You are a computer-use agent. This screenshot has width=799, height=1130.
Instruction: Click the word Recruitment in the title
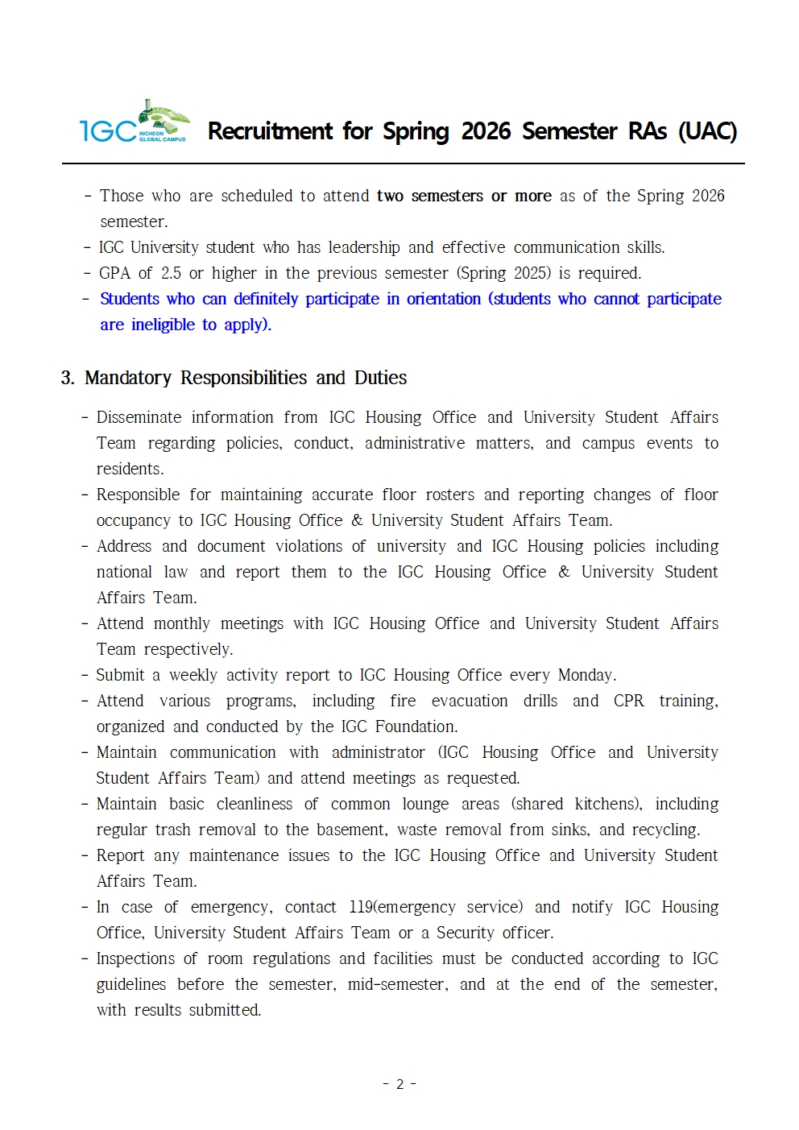point(270,131)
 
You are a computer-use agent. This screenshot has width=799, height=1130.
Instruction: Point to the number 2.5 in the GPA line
point(171,273)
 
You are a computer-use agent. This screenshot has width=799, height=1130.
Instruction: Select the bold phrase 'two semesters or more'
point(464,196)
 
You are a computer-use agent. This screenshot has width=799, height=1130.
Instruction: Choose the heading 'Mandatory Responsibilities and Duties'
point(246,378)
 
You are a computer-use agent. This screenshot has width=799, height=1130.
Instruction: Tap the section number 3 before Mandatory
point(67,378)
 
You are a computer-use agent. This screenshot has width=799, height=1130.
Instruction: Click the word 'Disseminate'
point(139,417)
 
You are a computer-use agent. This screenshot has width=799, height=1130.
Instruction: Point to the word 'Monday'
point(586,675)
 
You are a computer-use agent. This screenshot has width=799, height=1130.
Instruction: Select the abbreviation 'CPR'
point(628,701)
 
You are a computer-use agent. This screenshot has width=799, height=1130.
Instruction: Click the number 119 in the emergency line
point(361,907)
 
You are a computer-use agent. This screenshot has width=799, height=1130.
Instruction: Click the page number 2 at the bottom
point(399,1084)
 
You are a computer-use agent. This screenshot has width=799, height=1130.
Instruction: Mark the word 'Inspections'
point(135,958)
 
